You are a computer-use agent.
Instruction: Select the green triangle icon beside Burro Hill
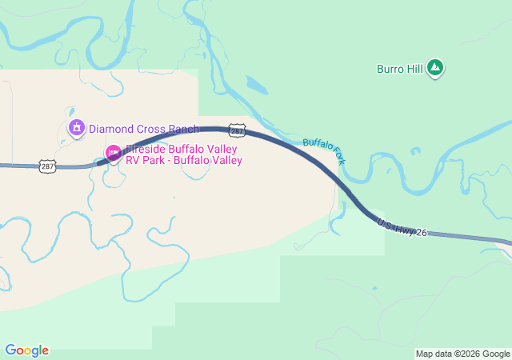(434, 69)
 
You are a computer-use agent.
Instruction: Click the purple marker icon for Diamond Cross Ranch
(77, 127)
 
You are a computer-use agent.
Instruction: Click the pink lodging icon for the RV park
(114, 152)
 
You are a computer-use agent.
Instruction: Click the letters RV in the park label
(133, 160)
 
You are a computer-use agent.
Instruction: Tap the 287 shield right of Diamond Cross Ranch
(236, 130)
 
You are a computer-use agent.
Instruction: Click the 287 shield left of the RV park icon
(47, 166)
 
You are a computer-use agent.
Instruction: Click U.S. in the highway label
(386, 220)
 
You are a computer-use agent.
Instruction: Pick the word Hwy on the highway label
(405, 227)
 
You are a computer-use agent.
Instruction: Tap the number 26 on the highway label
(422, 233)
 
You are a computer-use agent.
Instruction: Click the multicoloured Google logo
(26, 350)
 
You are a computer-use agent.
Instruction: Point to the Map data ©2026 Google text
(462, 354)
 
